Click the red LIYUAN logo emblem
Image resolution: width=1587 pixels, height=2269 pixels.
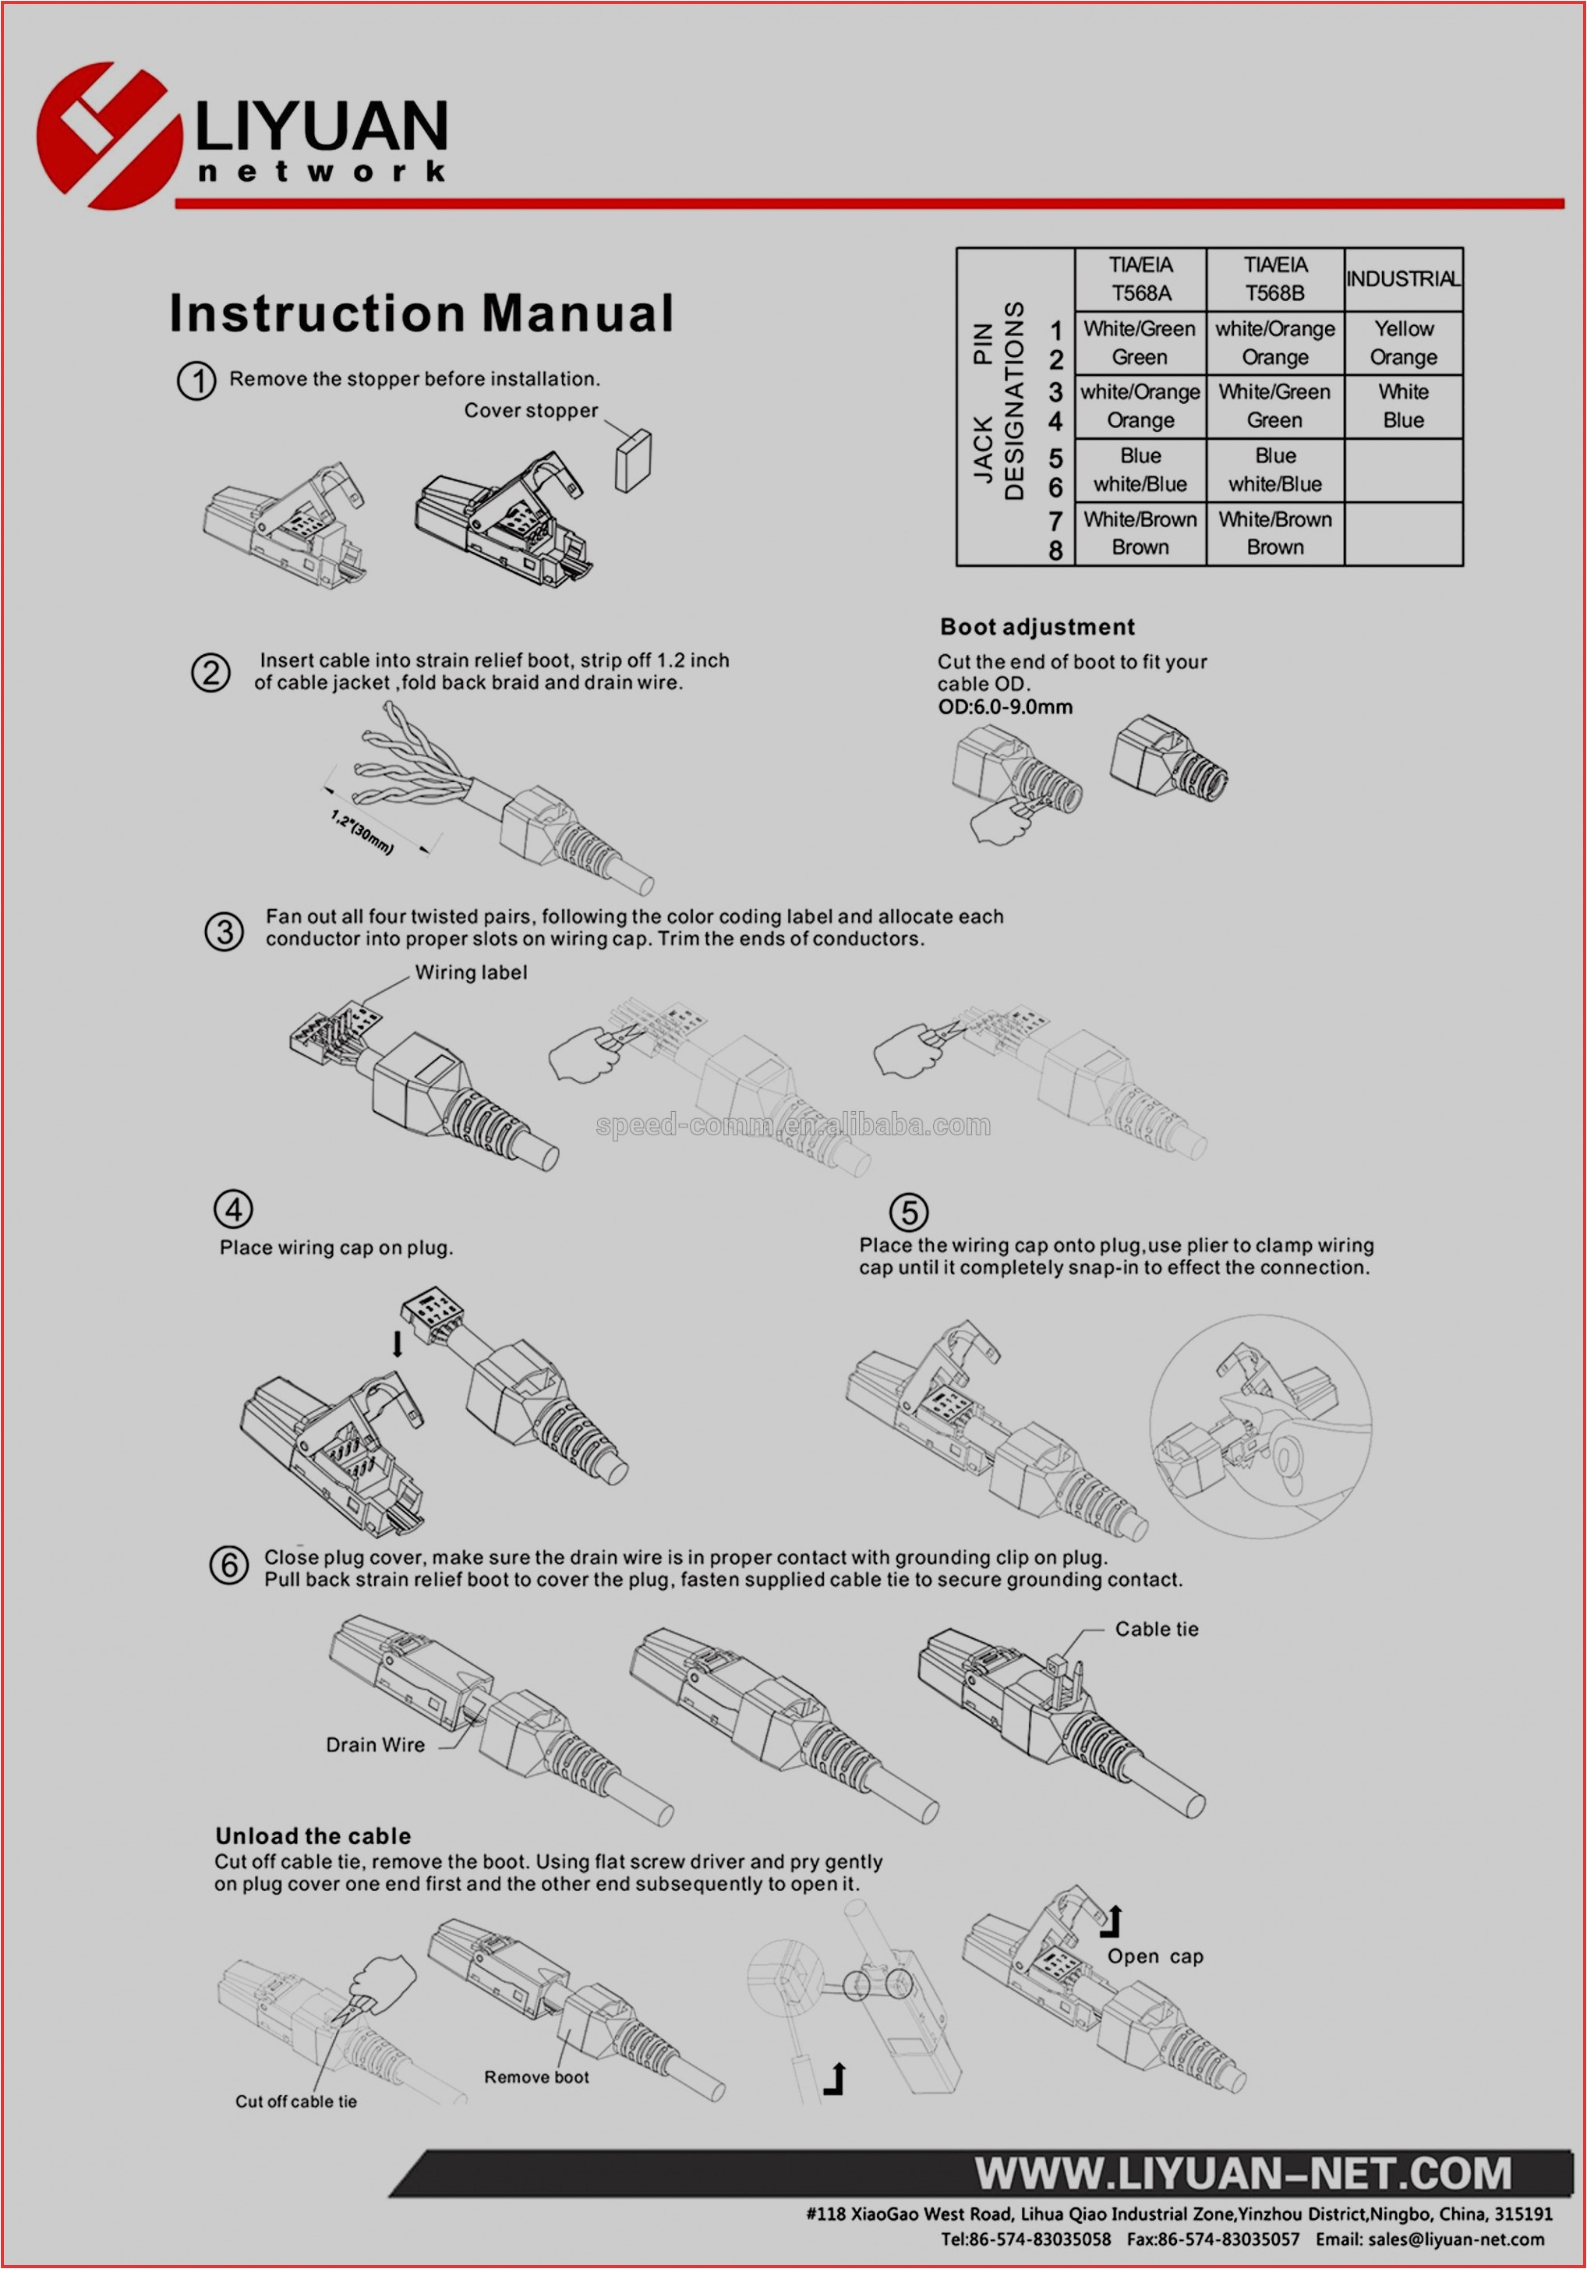click(x=108, y=136)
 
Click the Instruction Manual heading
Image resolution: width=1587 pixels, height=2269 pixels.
click(x=421, y=313)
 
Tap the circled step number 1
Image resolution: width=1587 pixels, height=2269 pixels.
click(x=196, y=381)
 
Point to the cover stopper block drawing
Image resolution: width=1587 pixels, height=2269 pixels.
click(x=632, y=461)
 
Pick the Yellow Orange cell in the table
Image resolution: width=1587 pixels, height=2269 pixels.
click(x=1402, y=343)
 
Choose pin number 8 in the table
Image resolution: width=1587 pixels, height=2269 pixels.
click(x=1055, y=550)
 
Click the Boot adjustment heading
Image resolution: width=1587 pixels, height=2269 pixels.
click(x=1037, y=627)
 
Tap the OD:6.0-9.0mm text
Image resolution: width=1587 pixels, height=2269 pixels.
click(x=1004, y=706)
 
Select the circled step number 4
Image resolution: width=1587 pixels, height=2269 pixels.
click(x=233, y=1209)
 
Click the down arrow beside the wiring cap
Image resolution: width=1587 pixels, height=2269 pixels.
click(x=398, y=1343)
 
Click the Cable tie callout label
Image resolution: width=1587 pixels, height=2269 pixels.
click(x=1156, y=1630)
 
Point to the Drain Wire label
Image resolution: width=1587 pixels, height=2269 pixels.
click(x=376, y=1745)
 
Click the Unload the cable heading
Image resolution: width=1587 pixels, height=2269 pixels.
click(x=313, y=1836)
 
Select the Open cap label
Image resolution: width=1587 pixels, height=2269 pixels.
click(x=1154, y=1956)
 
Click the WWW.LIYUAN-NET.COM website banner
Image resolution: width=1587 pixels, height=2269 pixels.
click(x=1242, y=2173)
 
